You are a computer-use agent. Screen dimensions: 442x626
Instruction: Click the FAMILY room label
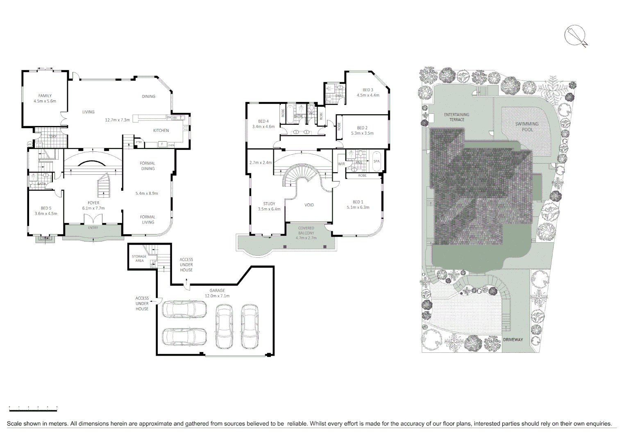pos(45,96)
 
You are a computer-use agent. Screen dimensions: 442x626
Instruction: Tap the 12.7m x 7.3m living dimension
pos(117,120)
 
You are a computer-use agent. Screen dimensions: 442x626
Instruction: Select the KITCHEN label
pos(161,131)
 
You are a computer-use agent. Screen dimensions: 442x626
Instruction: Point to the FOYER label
pos(93,203)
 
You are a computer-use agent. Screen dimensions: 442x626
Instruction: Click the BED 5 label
pos(46,208)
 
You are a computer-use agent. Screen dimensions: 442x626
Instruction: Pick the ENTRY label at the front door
pos(93,228)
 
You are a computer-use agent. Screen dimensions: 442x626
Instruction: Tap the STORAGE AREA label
pos(139,259)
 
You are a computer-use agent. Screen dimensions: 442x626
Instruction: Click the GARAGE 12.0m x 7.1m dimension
pos(217,296)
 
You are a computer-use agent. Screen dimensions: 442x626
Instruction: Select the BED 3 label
pos(368,90)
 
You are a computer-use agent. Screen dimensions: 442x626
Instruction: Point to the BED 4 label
pos(263,122)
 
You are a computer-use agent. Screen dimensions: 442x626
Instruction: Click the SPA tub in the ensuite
pos(377,162)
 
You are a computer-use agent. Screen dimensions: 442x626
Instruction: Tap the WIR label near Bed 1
pos(341,164)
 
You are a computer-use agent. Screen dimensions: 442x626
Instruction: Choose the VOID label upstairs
pos(309,205)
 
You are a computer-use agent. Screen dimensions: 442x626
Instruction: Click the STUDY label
pos(269,204)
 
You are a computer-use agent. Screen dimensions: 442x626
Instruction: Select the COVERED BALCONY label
pos(306,231)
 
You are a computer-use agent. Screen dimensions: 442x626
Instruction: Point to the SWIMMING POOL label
pos(527,127)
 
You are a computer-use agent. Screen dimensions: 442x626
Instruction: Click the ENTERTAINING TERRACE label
pos(457,117)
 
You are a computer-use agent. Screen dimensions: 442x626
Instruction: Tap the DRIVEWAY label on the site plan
pos(513,340)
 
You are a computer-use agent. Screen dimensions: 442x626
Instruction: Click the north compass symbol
pos(576,36)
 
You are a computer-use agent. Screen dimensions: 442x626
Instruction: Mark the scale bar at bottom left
pos(33,408)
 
